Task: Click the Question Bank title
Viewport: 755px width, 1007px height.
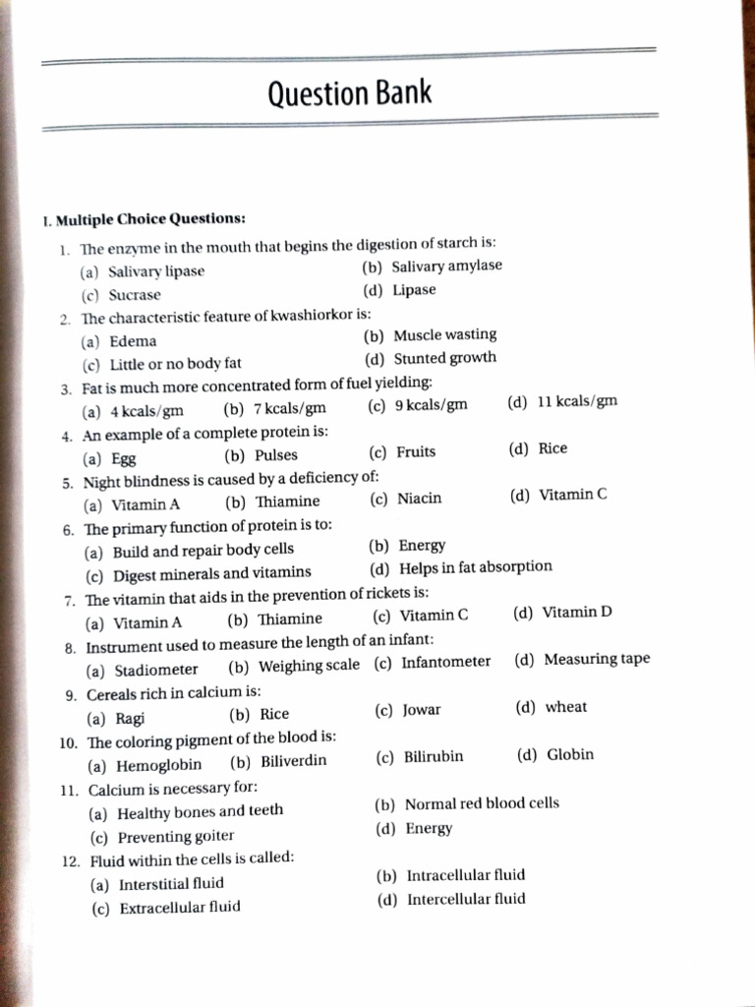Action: (349, 94)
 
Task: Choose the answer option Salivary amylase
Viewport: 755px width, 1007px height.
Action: (446, 267)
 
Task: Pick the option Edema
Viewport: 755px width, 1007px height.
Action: (133, 341)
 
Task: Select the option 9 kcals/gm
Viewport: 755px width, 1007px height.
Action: (431, 405)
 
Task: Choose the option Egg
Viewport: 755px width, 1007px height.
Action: (123, 458)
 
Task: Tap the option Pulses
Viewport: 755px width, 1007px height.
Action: (275, 455)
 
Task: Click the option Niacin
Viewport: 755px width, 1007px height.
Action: (419, 499)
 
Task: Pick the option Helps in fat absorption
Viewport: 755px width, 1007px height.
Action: (475, 567)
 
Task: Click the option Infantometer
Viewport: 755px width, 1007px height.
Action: (445, 662)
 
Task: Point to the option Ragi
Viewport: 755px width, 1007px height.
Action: (130, 718)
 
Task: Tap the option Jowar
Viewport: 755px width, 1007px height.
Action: (422, 710)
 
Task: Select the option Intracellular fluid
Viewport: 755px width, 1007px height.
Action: (465, 875)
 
